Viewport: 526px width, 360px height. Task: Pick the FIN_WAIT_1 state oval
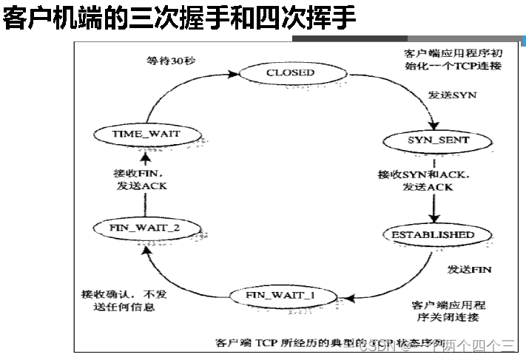pyautogui.click(x=280, y=296)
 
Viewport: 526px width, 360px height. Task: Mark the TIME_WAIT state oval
pyautogui.click(x=146, y=134)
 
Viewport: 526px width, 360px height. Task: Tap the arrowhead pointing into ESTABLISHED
pyautogui.click(x=433, y=220)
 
